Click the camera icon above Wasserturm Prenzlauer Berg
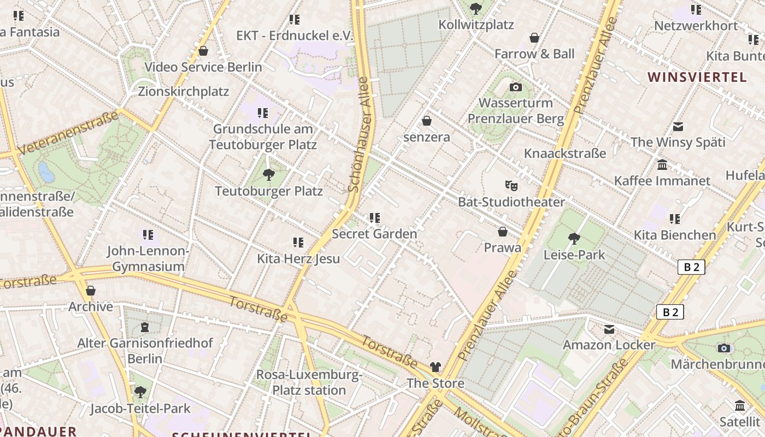pos(515,87)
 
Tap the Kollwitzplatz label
pos(476,25)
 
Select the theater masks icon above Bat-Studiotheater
pos(511,186)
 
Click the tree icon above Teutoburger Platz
pos(268,175)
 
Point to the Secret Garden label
pos(374,234)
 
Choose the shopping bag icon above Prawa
pos(503,232)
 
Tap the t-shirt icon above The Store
pos(436,367)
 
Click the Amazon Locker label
pos(609,345)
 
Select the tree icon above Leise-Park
pos(574,238)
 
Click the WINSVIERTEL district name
pos(697,77)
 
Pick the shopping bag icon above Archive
pos(91,290)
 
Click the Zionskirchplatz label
pos(184,91)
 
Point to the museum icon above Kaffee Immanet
pos(662,164)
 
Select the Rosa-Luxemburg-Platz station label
pos(309,382)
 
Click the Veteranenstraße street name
pos(68,133)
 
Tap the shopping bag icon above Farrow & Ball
pos(534,38)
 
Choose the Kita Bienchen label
pos(675,235)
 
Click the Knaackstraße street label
pos(565,153)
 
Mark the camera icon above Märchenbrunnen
pos(724,348)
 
